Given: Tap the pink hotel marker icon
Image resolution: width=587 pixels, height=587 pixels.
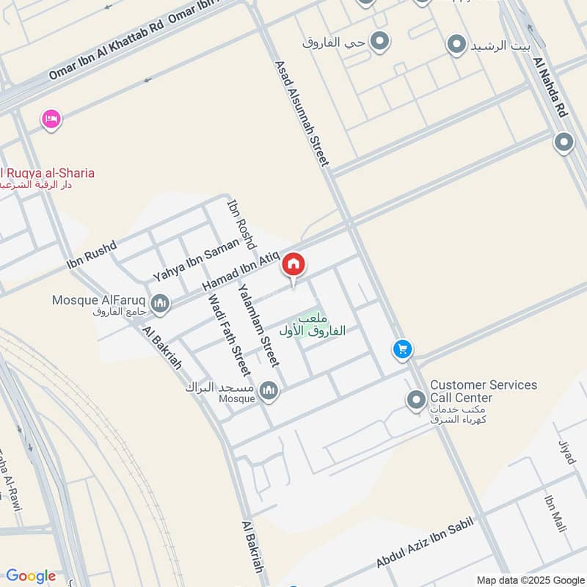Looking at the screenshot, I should (51, 118).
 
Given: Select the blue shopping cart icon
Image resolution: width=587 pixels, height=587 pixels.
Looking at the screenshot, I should (402, 349).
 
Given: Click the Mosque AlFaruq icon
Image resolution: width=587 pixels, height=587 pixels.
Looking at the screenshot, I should (160, 302).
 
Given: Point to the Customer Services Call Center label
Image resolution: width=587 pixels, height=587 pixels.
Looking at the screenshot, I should (483, 391).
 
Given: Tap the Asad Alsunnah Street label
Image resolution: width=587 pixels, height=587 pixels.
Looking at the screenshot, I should (302, 113).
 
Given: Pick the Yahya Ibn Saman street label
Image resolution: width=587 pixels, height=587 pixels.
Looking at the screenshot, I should (196, 260).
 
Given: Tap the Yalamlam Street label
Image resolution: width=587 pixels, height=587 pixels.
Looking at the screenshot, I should (259, 324).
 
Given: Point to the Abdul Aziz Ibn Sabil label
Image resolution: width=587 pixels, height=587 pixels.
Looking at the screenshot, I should (426, 542).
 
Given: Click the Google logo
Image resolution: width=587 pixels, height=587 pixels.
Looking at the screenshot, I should (31, 576).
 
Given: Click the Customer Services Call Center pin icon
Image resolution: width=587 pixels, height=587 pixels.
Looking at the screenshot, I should (416, 400).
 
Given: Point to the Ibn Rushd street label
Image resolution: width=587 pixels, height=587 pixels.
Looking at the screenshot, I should (92, 254).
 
